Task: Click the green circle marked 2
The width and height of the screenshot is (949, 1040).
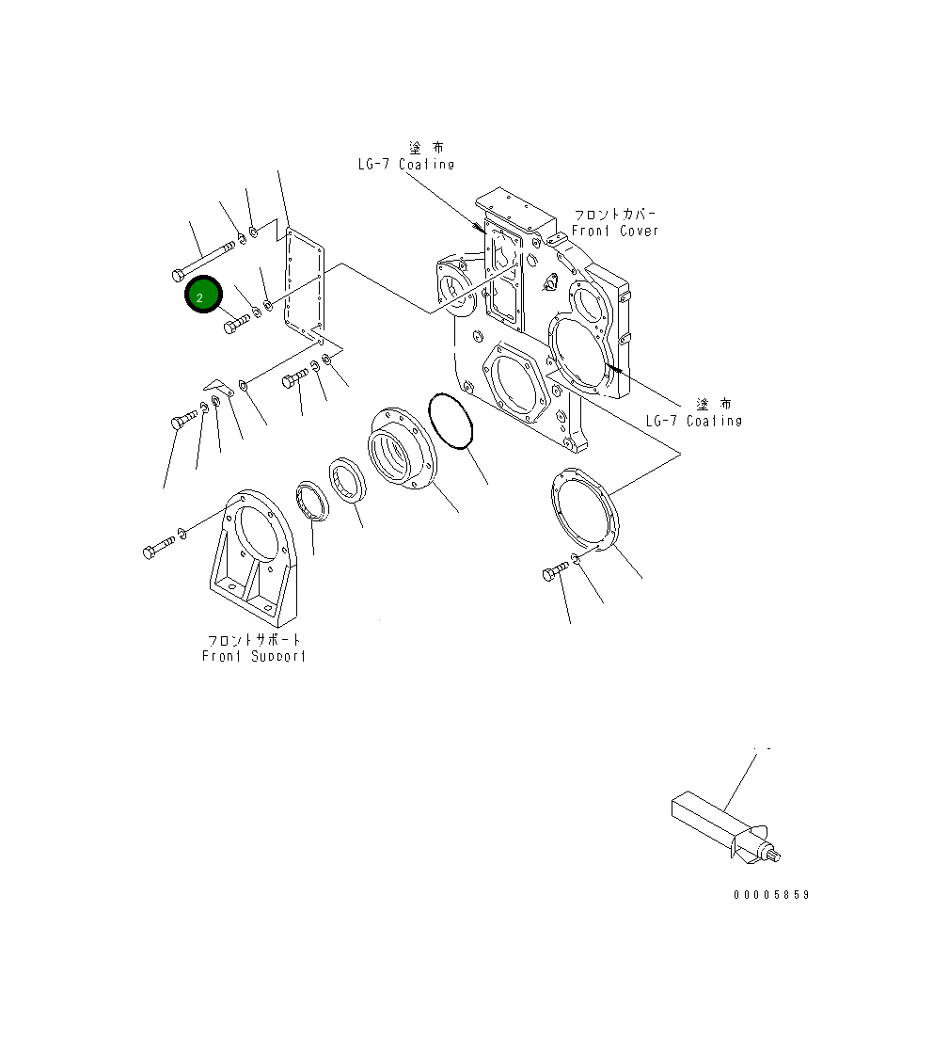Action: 202,296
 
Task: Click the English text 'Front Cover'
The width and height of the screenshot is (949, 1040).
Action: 615,231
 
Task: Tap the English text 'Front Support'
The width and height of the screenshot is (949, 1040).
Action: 254,656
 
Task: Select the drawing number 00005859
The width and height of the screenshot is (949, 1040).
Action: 771,895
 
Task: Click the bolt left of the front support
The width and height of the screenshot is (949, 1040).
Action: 158,548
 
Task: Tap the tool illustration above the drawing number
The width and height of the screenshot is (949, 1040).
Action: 724,825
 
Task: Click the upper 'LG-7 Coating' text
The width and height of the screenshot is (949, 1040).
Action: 405,165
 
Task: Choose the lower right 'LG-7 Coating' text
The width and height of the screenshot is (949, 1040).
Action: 693,421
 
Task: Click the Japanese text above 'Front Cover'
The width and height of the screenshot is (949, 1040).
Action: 616,215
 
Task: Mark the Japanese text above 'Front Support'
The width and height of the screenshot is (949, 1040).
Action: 254,640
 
